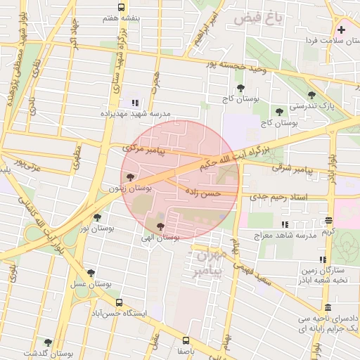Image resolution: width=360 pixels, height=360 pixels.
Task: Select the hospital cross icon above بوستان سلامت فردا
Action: coord(342,30)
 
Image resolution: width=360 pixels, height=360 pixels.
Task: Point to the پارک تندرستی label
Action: coord(306,106)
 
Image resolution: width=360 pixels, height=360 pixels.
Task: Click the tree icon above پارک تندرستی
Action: coord(311,95)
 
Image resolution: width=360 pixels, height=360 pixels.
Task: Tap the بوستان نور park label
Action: coord(96,229)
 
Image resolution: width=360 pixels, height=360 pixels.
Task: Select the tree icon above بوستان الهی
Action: coord(161,226)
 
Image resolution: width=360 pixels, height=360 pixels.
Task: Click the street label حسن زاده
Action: coord(202,191)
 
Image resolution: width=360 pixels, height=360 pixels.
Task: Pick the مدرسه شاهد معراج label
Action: coord(285,236)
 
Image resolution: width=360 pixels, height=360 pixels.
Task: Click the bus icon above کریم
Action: coord(329,220)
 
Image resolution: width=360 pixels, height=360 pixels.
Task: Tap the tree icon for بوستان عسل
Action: coord(90,273)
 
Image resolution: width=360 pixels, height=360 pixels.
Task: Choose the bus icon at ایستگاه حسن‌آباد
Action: coord(119,303)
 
